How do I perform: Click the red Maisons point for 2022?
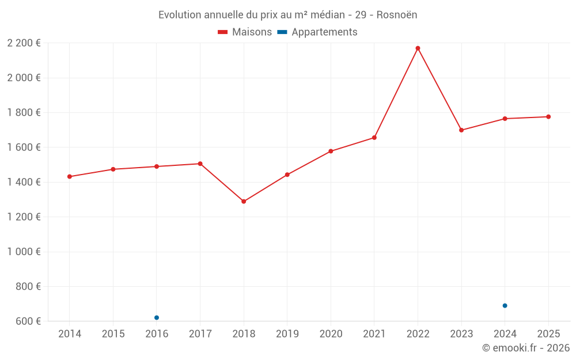(418, 48)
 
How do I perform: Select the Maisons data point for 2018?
(244, 202)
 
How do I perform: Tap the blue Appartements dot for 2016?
(157, 317)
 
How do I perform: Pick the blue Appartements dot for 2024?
(505, 306)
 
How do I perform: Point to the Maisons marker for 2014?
(70, 177)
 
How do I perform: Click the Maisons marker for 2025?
(548, 117)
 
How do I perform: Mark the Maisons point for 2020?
(331, 151)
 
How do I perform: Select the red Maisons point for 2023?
(461, 130)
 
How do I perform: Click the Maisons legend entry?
(245, 32)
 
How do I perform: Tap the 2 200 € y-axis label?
(24, 43)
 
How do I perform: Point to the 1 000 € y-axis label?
(24, 252)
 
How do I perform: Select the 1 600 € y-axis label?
(24, 147)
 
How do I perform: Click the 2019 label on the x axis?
(287, 334)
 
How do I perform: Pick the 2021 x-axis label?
(374, 334)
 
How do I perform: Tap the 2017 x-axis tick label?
(200, 334)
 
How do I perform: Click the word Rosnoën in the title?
(397, 15)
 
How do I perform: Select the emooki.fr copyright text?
(526, 348)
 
